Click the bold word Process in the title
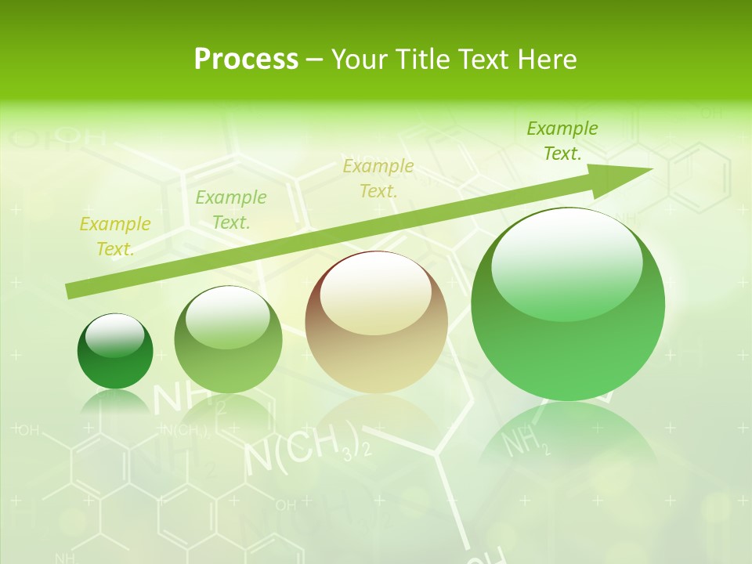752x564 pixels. click(x=246, y=60)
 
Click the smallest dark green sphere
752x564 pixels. click(x=115, y=352)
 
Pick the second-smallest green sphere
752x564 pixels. click(x=228, y=340)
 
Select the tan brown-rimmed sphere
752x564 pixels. click(x=376, y=323)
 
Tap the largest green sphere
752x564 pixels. click(x=568, y=305)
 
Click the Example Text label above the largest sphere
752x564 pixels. click(x=562, y=141)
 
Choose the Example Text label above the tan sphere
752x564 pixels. click(x=378, y=179)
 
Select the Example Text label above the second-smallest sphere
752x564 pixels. click(x=231, y=210)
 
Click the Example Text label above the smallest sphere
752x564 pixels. click(x=115, y=237)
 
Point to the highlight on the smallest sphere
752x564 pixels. click(x=115, y=334)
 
